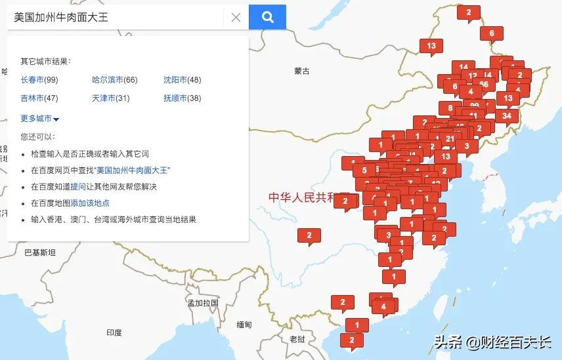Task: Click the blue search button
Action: tap(267, 17)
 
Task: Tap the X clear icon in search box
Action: tap(236, 18)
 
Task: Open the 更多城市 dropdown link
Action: tap(39, 119)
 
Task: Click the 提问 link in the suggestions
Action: tap(78, 187)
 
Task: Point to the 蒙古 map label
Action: tap(302, 71)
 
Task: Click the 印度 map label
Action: tap(114, 333)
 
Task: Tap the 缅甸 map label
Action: tap(244, 325)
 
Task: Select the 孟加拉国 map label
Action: tap(202, 303)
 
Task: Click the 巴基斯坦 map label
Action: tap(39, 252)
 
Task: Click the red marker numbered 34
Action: tap(506, 117)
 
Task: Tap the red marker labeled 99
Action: tap(474, 105)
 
